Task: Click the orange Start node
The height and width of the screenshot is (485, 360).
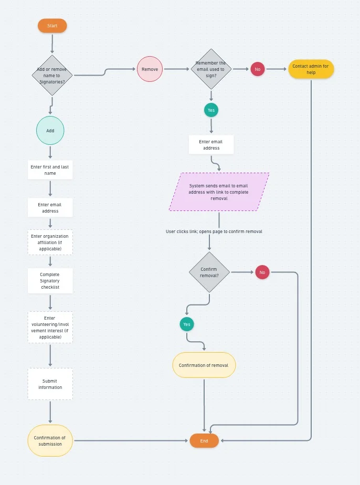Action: (x=52, y=26)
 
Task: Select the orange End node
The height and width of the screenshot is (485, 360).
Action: (x=204, y=441)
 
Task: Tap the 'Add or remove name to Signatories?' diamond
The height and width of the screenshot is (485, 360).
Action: (x=52, y=76)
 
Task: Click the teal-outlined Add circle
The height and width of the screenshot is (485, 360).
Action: (x=50, y=130)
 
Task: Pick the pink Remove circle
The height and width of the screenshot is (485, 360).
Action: (x=150, y=69)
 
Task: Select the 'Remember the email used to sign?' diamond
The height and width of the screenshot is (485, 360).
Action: (x=211, y=69)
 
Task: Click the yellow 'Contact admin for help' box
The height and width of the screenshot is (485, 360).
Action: (x=311, y=69)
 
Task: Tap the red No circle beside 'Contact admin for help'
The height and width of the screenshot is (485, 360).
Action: (x=257, y=69)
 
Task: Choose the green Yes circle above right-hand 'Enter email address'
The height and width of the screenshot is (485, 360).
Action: (x=211, y=110)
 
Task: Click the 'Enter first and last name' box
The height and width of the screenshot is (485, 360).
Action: (x=50, y=170)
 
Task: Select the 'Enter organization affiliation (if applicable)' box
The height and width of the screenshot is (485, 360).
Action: (x=50, y=242)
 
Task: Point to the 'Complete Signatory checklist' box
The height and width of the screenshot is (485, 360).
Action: (x=50, y=281)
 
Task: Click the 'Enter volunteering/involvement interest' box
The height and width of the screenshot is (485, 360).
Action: (x=50, y=328)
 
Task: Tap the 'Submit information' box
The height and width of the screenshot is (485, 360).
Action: (x=50, y=384)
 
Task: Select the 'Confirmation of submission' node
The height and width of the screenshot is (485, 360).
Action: (x=50, y=441)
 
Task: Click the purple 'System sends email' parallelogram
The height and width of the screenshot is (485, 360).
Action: (x=219, y=192)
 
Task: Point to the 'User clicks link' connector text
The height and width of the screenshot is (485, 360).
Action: (x=214, y=231)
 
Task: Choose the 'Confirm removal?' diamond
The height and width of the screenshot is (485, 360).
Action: (x=209, y=272)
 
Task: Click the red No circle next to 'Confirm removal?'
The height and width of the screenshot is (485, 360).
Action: (x=262, y=272)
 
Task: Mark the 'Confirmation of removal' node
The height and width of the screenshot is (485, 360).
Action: (x=204, y=365)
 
